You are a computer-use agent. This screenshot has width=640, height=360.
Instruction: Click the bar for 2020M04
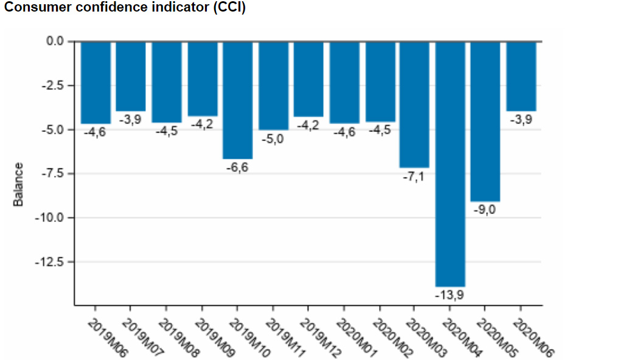450,164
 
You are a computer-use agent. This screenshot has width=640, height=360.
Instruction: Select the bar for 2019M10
237,100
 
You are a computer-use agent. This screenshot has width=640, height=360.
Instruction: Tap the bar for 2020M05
485,121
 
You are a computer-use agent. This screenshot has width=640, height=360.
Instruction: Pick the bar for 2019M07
131,76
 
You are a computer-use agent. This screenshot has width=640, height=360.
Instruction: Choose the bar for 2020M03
414,104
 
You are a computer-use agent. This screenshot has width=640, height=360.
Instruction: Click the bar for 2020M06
521,76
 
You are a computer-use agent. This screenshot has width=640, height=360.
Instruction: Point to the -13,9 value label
450,294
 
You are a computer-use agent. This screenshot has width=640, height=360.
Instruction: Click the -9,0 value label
485,209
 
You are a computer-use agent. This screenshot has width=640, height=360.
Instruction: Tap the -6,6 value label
237,167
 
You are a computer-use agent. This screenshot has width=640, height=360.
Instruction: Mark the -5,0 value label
273,139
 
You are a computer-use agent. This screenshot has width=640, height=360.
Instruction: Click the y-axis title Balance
19,184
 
